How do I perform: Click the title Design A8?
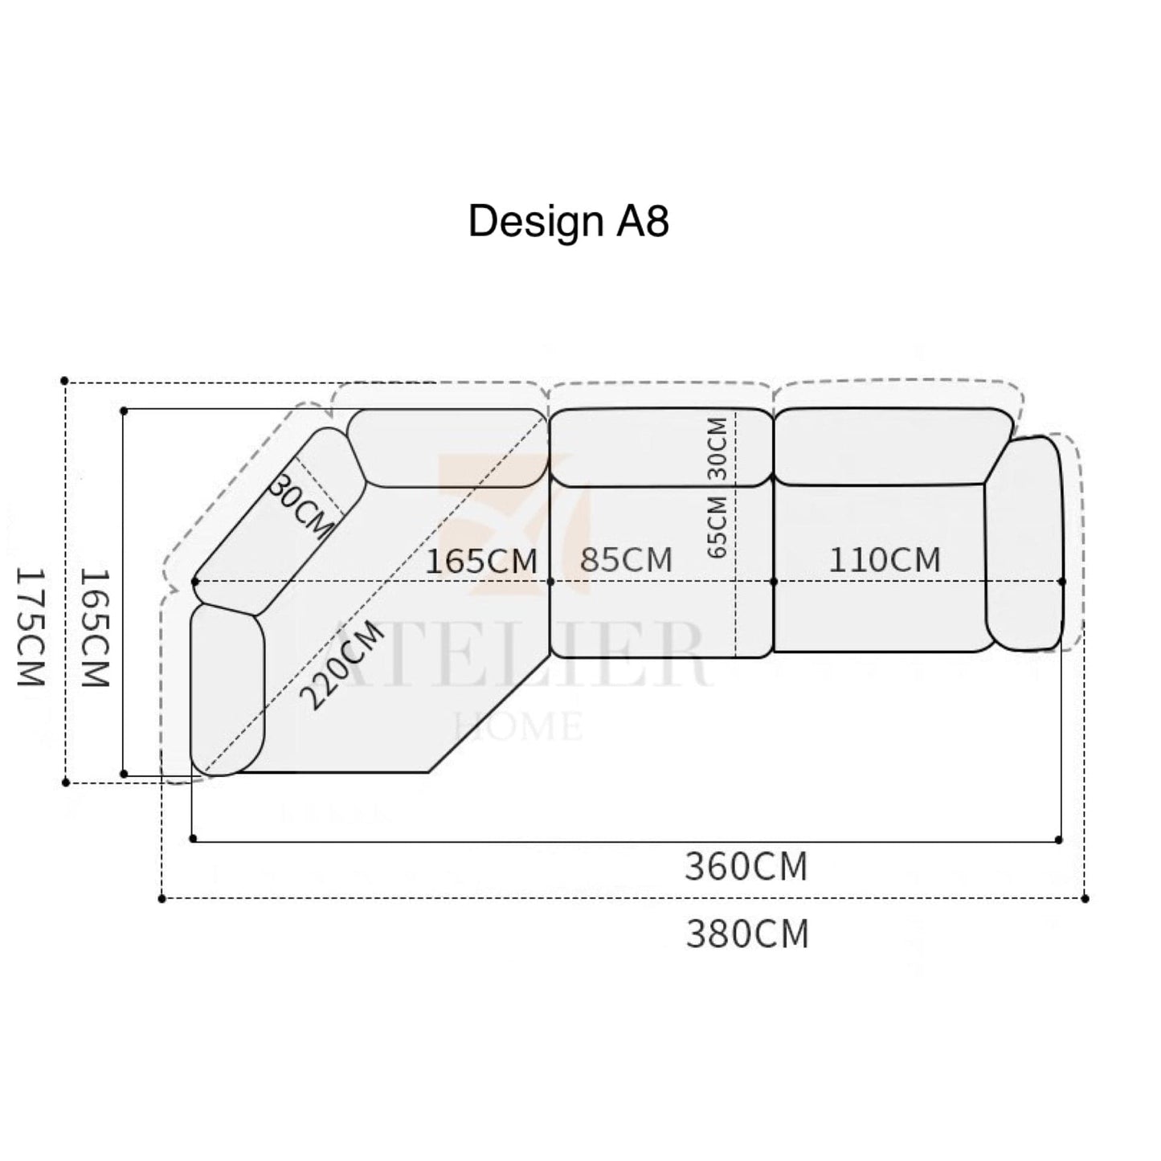coord(568,222)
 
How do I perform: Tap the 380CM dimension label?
coord(747,934)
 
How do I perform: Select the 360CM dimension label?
coord(746,866)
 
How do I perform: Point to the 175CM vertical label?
coord(29,627)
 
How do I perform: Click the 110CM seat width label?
coord(885,560)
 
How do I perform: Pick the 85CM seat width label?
coord(626,560)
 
